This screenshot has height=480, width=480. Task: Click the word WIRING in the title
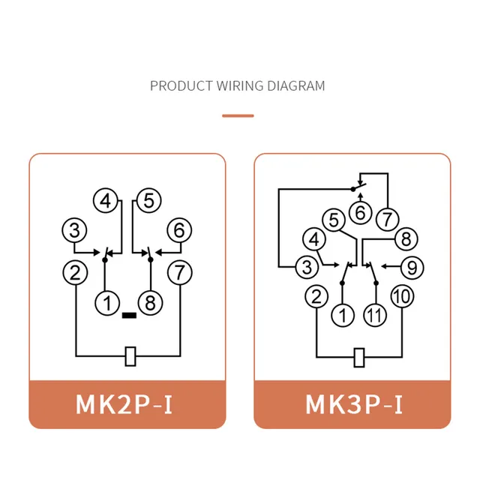coord(240,85)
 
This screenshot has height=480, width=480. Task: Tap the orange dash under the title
coord(238,115)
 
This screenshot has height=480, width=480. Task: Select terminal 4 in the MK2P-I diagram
coord(106,201)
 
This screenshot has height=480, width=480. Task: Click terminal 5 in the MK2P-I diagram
coord(148,201)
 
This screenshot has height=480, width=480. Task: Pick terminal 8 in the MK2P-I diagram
coord(150,303)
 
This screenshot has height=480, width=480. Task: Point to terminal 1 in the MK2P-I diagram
coord(107,303)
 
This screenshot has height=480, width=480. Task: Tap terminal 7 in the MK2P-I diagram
coord(180,272)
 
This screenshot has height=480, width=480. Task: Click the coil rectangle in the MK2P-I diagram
coord(130,356)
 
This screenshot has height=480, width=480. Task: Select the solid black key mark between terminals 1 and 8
coord(129,315)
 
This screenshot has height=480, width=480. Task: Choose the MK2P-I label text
coord(124,404)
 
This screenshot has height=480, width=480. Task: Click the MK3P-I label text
coord(354,404)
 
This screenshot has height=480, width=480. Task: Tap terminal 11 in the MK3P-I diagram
coord(375,315)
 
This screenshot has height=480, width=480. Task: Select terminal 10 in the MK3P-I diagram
coord(402,296)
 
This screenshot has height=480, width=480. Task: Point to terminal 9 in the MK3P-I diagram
coord(412,268)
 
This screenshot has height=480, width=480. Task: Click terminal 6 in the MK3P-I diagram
coord(360,212)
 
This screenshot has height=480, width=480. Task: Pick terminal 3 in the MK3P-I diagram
coord(307,267)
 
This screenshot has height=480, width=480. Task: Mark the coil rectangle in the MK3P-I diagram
coord(359,357)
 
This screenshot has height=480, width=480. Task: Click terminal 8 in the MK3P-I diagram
coord(406,239)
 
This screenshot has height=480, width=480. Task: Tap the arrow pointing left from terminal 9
coord(391,267)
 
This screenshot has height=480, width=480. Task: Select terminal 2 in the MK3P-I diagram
coord(316,296)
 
